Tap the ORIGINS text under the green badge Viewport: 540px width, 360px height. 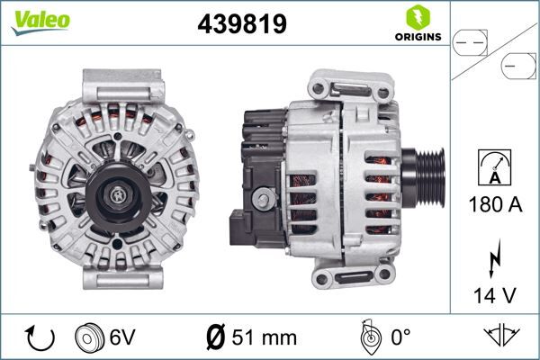(x=417, y=37)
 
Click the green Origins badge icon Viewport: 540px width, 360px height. (x=417, y=17)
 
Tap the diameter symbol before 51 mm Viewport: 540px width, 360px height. (x=216, y=338)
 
